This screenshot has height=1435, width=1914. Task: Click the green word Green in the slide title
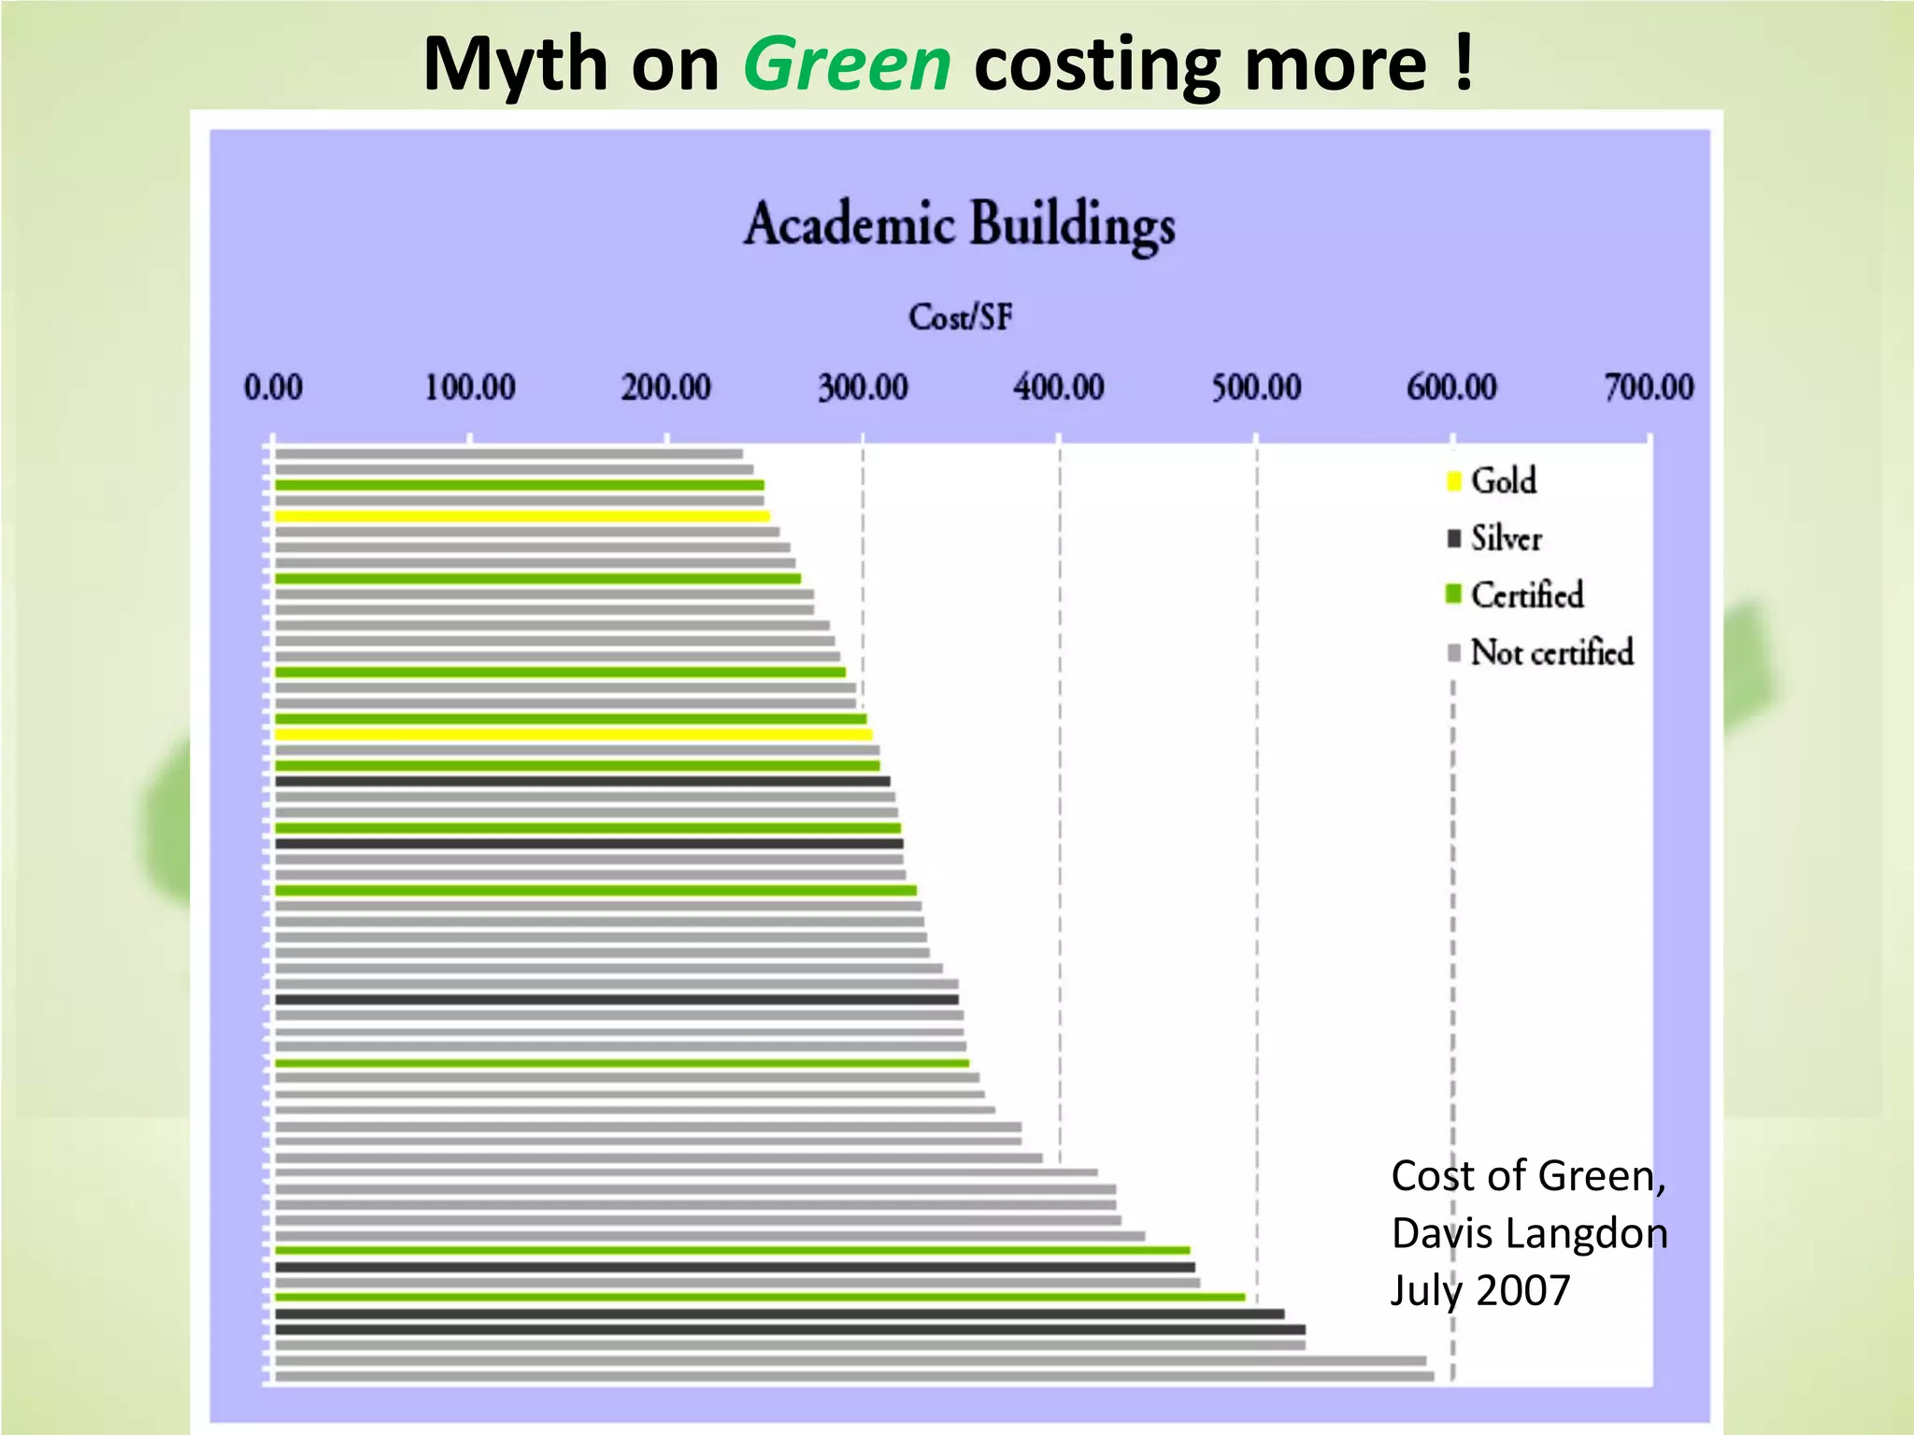pyautogui.click(x=847, y=65)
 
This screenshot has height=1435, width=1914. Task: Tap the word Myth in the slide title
pyautogui.click(x=515, y=65)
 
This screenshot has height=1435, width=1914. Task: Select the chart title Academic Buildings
pyautogui.click(x=960, y=225)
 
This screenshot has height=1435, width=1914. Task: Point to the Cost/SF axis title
pyautogui.click(x=960, y=318)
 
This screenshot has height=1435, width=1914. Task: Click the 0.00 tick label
pyautogui.click(x=273, y=387)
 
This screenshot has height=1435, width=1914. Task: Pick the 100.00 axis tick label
pyautogui.click(x=470, y=387)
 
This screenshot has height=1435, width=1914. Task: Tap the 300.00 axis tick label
pyautogui.click(x=863, y=387)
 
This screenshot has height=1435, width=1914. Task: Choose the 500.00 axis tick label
pyautogui.click(x=1256, y=387)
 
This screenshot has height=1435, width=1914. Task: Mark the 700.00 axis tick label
pyautogui.click(x=1649, y=387)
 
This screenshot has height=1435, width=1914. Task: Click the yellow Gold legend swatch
pyautogui.click(x=1453, y=481)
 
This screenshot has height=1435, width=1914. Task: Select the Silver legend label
pyautogui.click(x=1506, y=538)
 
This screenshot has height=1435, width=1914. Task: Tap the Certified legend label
pyautogui.click(x=1527, y=595)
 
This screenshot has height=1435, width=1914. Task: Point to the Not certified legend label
pyautogui.click(x=1552, y=652)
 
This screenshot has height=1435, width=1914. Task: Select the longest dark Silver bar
pyautogui.click(x=790, y=1329)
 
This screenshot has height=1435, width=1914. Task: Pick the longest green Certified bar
pyautogui.click(x=759, y=1297)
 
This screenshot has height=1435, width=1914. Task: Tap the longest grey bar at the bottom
pyautogui.click(x=853, y=1376)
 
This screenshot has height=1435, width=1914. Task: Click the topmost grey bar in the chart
pyautogui.click(x=508, y=454)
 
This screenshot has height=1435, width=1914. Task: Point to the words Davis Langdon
pyautogui.click(x=1529, y=1233)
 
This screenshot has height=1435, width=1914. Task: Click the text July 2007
pyautogui.click(x=1480, y=1290)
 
